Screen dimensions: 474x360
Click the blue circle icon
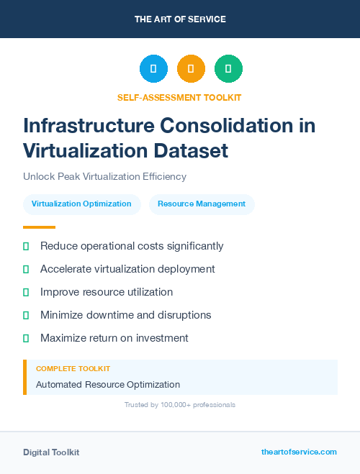coord(153,68)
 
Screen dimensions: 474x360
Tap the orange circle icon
coord(191,68)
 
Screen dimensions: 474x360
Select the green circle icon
coord(228,68)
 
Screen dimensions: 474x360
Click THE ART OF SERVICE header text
coord(180,19)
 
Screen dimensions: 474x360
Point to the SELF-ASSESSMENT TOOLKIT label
coord(179,97)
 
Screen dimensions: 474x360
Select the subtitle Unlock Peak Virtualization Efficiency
coord(104,176)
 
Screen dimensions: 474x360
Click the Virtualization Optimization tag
coord(81,204)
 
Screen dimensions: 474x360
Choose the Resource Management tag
coord(202,204)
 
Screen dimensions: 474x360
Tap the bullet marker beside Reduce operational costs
coord(26,246)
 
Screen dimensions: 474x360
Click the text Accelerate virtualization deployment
coord(127,269)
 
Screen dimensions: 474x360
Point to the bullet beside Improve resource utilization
coord(26,292)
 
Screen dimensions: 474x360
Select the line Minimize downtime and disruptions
coord(125,315)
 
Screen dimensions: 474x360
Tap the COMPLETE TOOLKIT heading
coord(73,368)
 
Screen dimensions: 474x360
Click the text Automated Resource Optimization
coord(108,385)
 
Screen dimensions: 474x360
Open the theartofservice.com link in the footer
coord(299,452)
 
